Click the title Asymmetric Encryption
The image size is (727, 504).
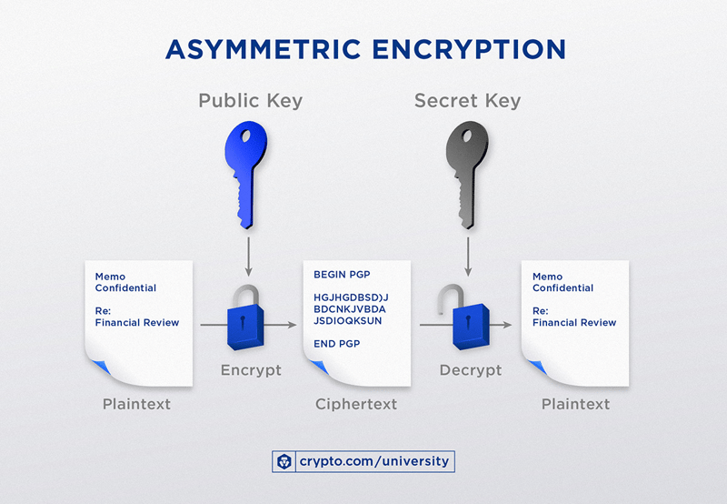364,49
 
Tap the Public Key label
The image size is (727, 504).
252,101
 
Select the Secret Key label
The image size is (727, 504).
467,101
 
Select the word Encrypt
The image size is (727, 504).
251,370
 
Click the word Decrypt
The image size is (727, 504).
470,370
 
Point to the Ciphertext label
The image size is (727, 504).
356,404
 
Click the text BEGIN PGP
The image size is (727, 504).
342,275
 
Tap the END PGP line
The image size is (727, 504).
336,343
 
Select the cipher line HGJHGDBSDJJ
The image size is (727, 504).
351,297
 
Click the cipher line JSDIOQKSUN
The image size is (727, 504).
348,320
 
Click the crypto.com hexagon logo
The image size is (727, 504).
285,461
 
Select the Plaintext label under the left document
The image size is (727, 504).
136,404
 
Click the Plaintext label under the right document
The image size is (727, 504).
575,404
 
